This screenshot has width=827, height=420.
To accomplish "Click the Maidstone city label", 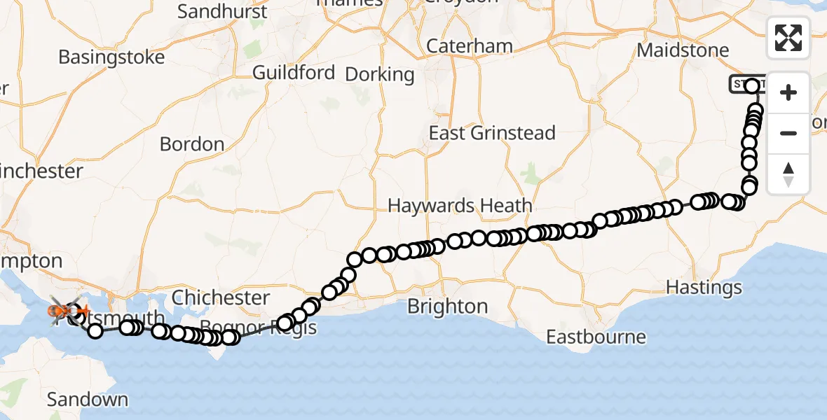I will coord(683,51).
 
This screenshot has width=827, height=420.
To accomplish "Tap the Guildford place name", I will coord(293,73).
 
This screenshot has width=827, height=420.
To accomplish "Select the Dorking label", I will coord(380,74).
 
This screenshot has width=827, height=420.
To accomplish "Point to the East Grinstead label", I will coord(492,133).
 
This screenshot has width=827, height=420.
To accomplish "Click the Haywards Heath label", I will coord(460,206).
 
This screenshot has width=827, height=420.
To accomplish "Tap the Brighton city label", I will coord(447,307).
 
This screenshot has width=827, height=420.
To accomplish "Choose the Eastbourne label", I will coord(596,337).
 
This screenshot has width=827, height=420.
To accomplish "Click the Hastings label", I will coord(703,287).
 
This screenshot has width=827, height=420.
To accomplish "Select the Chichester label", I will coord(221,297).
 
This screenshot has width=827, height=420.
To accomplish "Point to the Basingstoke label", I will coord(111,57).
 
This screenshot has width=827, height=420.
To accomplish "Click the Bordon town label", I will coord(192,144).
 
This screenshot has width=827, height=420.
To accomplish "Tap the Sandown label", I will coord(88,400).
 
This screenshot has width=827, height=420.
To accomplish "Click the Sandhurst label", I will coord(222,12).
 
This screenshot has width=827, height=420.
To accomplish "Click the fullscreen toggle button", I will coord(788,38).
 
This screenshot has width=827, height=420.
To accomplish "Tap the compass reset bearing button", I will coord(788,174).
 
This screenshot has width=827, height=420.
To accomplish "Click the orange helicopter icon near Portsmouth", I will coord(58,310).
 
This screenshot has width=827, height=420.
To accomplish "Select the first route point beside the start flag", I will coord(753,86).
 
